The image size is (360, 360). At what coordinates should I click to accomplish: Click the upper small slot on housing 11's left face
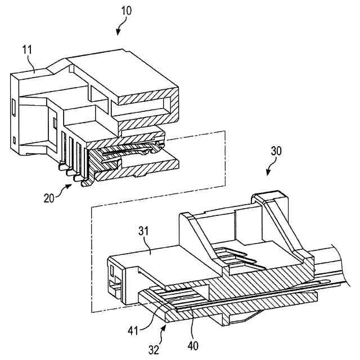(x=14, y=105)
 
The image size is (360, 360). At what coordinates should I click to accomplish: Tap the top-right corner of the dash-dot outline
(x=225, y=132)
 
